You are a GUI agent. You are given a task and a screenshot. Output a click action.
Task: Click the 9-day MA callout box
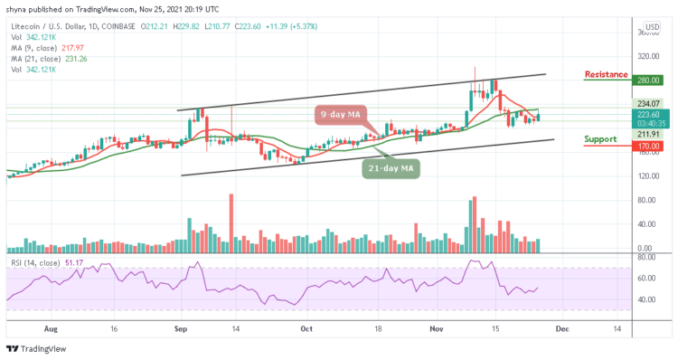344,114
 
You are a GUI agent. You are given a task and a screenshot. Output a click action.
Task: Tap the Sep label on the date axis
182,331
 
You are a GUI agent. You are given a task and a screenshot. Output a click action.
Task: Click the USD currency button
651,26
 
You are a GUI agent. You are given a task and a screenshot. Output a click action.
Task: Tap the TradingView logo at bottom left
42,349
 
